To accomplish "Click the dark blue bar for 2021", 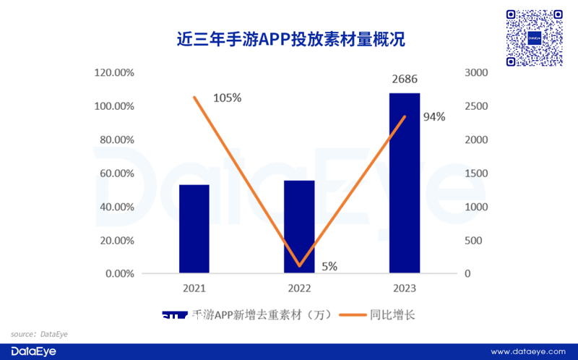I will coord(194,229).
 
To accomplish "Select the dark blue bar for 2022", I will coord(299,227).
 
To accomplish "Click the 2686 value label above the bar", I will coord(405,80).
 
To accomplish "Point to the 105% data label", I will coord(227,98).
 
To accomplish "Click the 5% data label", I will coord(329,266).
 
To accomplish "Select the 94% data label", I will coord(434,116).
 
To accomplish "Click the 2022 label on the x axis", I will coord(299,288).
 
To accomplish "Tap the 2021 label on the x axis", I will coord(194,288).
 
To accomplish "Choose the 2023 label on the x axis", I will coord(405,288).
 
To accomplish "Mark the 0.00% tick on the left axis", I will coord(119,274).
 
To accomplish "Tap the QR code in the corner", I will coord(535,38).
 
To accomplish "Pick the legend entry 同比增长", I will coord(376,315).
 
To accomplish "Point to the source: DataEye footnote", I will coord(35,334).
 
